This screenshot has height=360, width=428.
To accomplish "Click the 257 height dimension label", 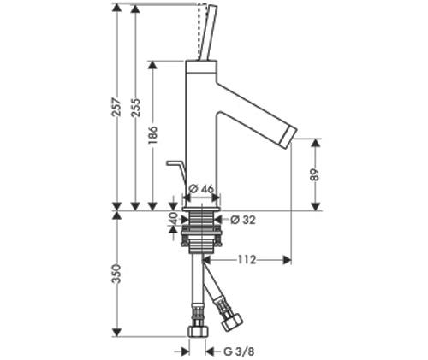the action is [116, 107].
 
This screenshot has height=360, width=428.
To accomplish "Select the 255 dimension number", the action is [135, 107].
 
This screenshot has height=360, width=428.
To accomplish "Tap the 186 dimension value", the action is [153, 135].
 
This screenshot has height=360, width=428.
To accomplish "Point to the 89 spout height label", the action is [314, 174].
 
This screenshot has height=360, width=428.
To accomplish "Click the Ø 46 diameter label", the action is [201, 189].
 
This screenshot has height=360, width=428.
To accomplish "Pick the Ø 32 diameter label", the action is [243, 220].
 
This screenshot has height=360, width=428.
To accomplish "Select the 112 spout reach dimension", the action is [247, 260].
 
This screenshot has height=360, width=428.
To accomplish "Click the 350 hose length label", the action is [116, 274].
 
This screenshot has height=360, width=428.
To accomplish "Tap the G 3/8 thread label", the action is [239, 351].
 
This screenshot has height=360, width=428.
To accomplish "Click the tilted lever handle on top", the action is [208, 32].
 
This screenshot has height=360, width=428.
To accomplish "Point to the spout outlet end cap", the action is [289, 138].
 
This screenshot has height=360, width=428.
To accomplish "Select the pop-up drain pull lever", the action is [176, 171].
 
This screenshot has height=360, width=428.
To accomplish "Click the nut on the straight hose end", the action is [199, 332].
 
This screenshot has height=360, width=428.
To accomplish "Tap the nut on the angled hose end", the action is [232, 322].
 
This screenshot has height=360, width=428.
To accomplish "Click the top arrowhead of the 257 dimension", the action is [116, 8].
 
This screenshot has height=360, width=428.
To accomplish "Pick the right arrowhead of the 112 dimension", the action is [287, 260].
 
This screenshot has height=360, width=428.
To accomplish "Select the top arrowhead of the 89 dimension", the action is [315, 143].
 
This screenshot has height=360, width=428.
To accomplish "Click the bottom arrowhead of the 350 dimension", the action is [116, 333].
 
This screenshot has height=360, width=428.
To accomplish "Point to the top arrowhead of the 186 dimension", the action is [153, 65].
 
